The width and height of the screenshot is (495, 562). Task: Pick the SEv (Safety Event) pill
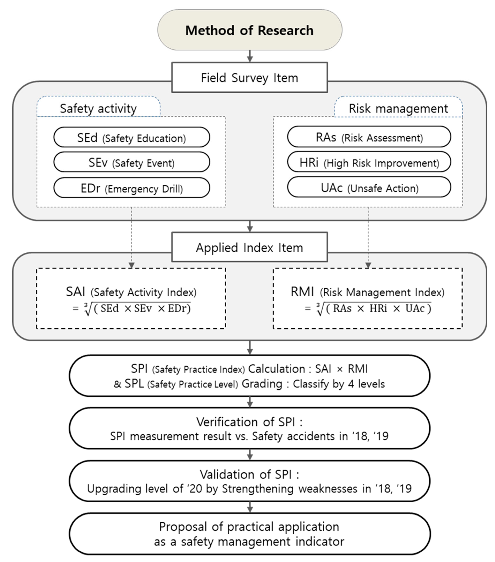(x=132, y=162)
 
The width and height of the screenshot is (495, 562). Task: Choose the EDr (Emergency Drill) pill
(x=132, y=188)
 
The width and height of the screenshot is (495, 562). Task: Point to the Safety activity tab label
(x=98, y=108)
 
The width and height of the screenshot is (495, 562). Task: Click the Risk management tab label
(x=398, y=108)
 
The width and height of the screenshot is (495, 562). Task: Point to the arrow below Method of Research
(x=250, y=57)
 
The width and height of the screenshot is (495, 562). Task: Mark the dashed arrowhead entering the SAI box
(x=132, y=265)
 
